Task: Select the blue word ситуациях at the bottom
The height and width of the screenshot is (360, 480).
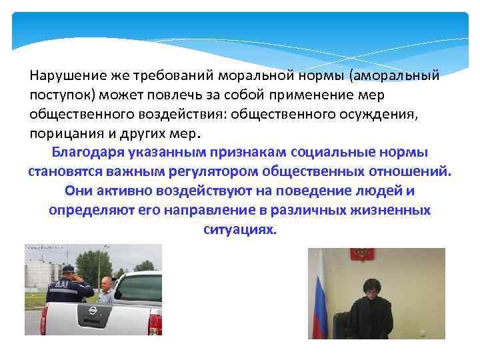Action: pos(238,229)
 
